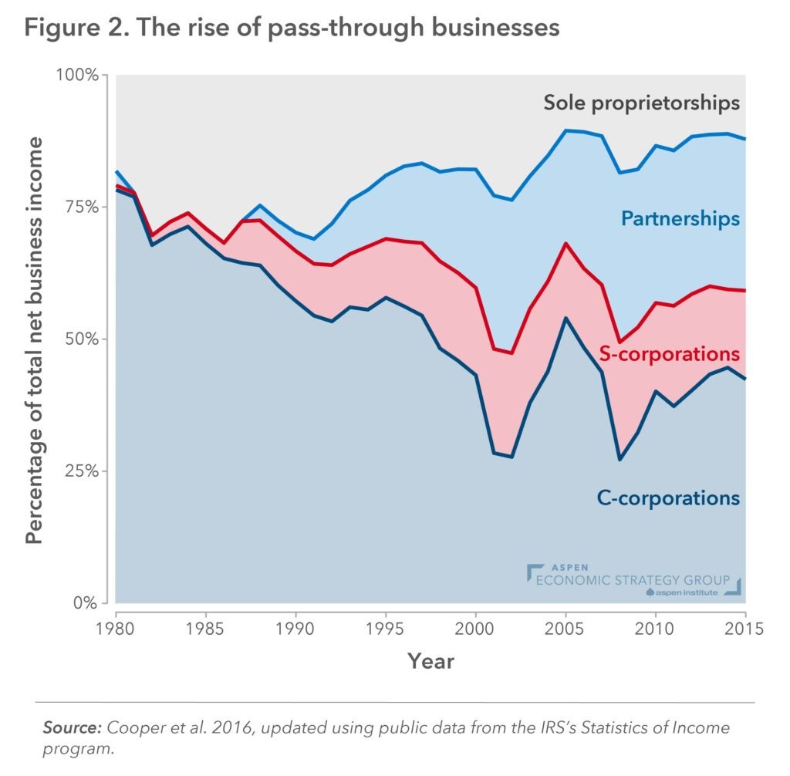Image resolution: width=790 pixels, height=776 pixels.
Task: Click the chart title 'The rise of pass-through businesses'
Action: pyautogui.click(x=292, y=29)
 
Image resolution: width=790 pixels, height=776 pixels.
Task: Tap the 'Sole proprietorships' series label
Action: pyautogui.click(x=641, y=103)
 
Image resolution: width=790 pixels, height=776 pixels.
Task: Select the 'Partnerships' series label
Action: pyautogui.click(x=680, y=219)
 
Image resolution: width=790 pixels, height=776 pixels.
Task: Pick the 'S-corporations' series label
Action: pyautogui.click(x=670, y=354)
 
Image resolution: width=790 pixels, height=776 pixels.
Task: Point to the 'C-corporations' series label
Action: pyautogui.click(x=668, y=498)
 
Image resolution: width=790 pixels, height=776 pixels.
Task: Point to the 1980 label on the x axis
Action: pyautogui.click(x=116, y=629)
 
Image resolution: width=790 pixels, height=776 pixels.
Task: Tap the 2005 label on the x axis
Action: pyautogui.click(x=566, y=629)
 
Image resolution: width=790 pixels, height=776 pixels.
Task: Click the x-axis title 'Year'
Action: pyautogui.click(x=430, y=661)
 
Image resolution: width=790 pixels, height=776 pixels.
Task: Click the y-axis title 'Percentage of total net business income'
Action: pyautogui.click(x=35, y=340)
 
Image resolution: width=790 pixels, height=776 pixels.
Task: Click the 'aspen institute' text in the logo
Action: pyautogui.click(x=685, y=592)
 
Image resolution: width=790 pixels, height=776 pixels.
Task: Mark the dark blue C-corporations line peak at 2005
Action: pyautogui.click(x=566, y=318)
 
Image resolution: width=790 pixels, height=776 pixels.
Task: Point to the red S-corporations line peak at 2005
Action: pyautogui.click(x=566, y=244)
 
